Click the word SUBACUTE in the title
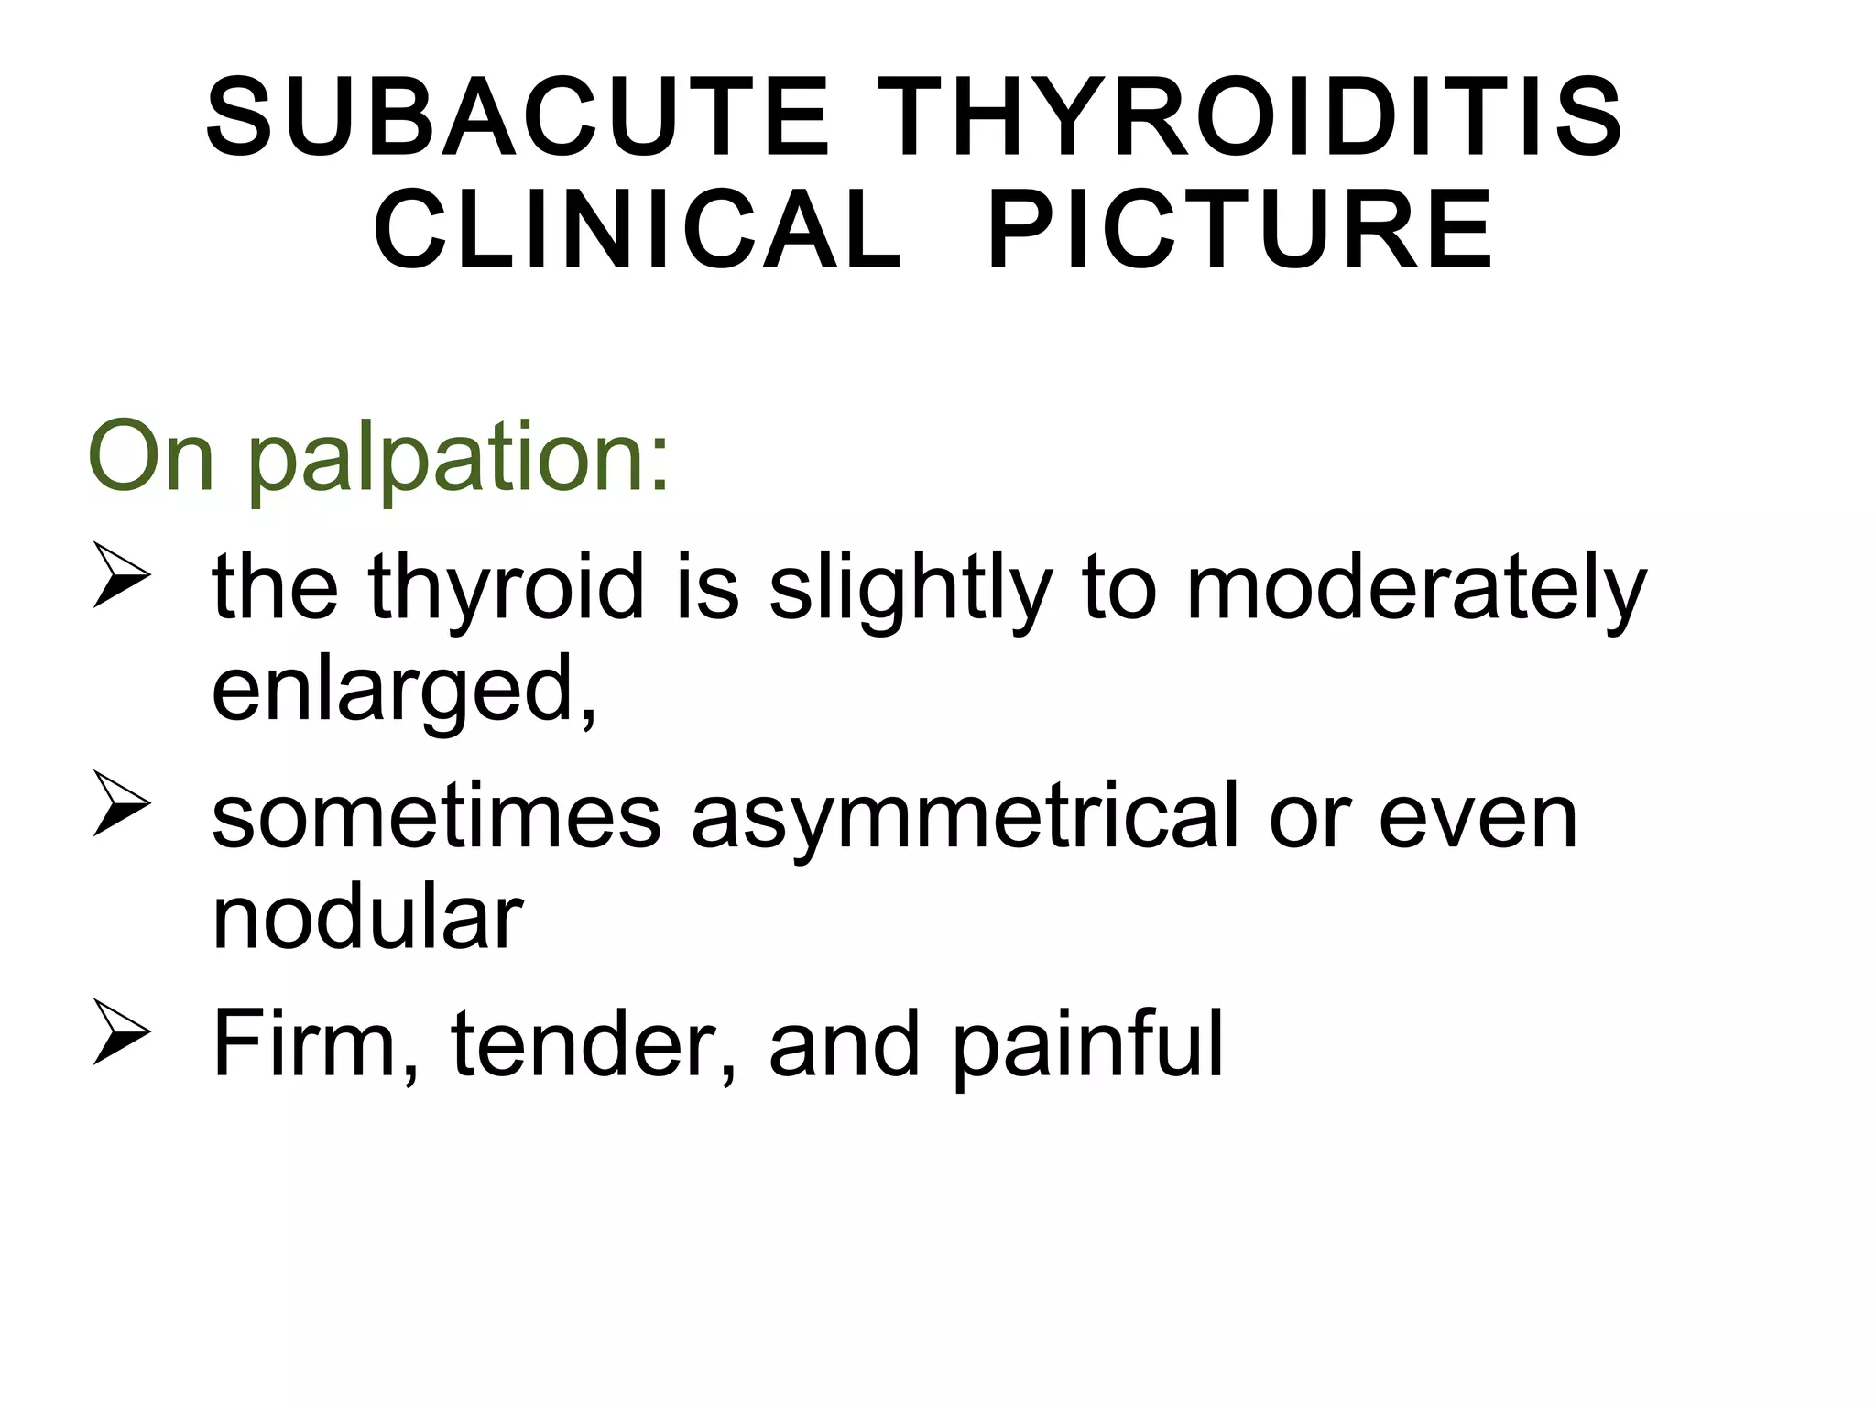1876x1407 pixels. (518, 119)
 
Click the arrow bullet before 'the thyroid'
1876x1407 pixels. (121, 576)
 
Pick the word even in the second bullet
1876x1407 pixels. (1478, 816)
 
